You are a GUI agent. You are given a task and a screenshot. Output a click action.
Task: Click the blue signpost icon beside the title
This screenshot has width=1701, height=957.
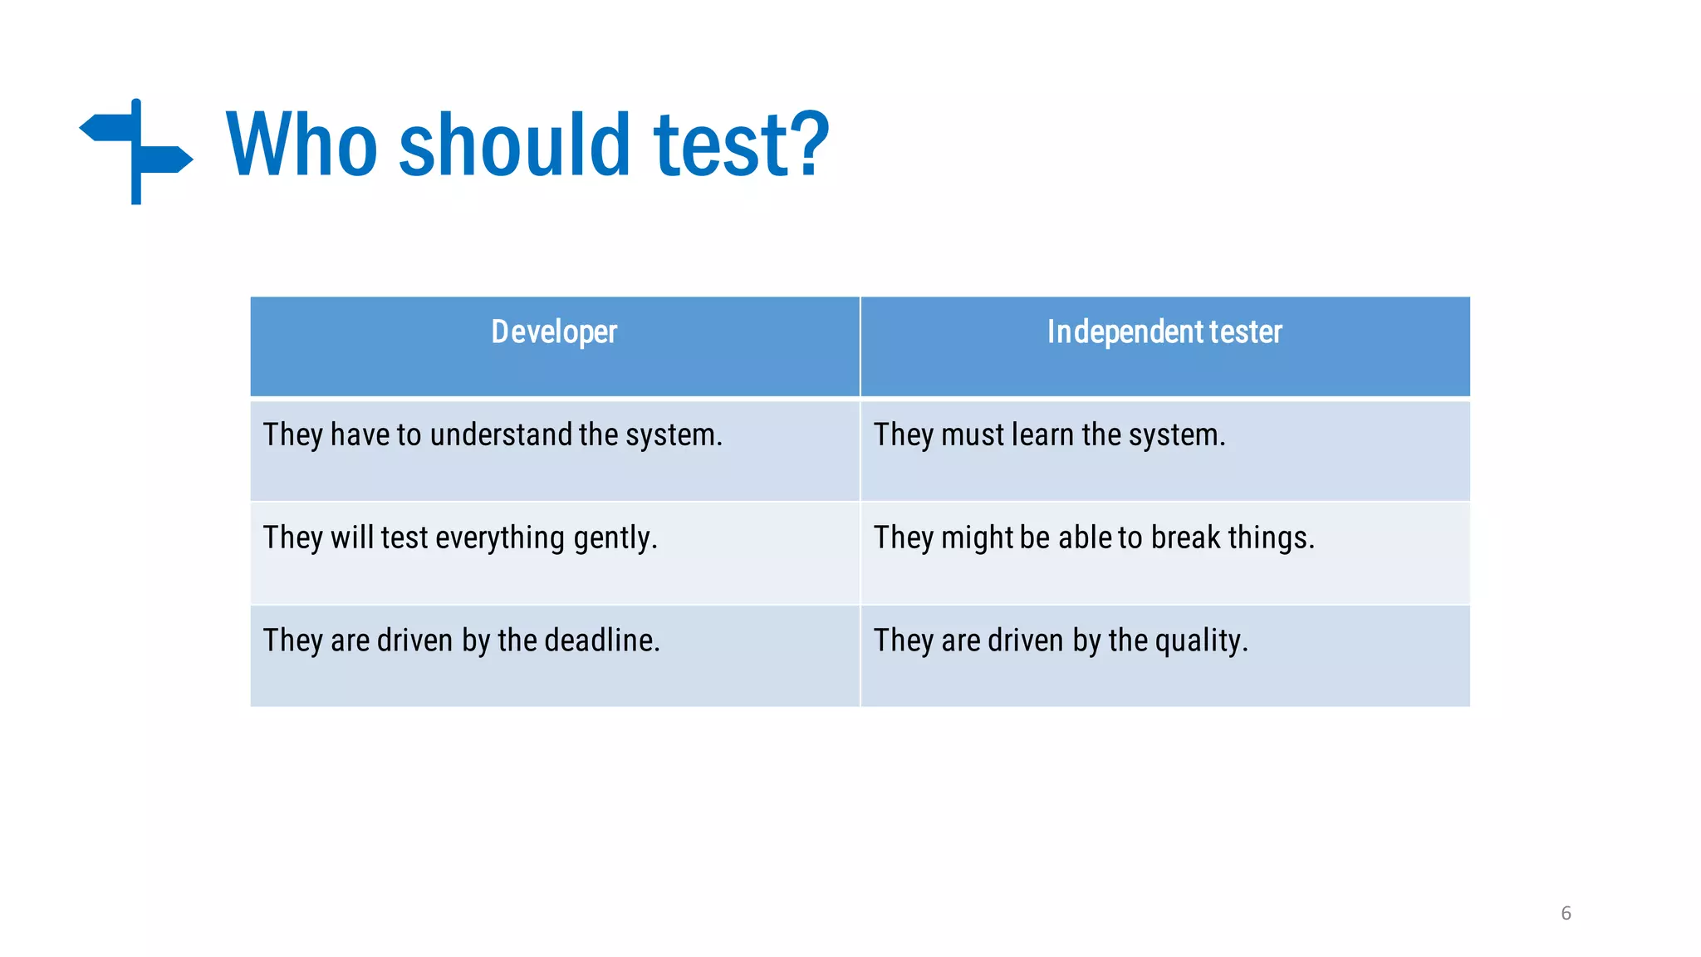click(136, 151)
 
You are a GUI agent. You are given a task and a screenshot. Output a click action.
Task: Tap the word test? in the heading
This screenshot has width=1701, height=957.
click(741, 145)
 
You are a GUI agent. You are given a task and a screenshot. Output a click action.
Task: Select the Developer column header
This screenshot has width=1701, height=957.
click(554, 332)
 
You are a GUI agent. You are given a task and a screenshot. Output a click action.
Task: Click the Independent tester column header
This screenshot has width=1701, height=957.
click(1164, 332)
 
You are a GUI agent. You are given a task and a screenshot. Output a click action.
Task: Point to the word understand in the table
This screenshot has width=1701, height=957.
click(501, 435)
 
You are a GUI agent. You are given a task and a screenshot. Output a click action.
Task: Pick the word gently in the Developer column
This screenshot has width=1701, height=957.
click(613, 538)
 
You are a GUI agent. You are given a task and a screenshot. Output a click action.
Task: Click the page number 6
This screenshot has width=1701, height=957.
click(1566, 913)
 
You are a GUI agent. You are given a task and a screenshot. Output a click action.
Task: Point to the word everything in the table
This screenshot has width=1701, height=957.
click(500, 538)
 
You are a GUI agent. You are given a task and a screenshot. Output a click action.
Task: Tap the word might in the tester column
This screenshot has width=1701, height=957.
click(977, 538)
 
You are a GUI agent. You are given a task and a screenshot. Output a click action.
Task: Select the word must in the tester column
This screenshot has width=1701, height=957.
click(973, 435)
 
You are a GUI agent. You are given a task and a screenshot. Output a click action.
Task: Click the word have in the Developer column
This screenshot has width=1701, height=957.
click(360, 435)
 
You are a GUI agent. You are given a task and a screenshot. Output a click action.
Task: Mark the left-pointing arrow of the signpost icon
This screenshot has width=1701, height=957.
click(104, 128)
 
